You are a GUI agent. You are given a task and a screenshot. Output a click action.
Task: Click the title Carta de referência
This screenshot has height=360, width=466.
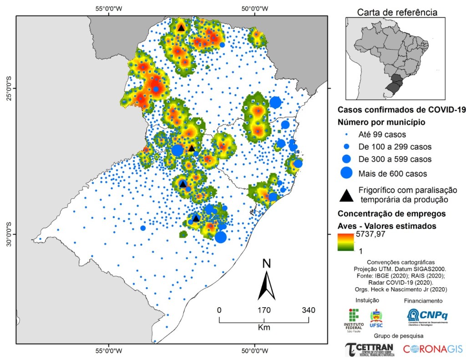pos(397,12)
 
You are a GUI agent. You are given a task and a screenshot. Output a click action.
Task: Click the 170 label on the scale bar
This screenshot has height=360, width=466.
pos(264,310)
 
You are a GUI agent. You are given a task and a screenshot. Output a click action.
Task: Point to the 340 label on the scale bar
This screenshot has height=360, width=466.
pos(309,310)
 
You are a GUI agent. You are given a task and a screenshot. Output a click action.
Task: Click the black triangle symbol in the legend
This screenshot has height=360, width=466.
pos(347,195)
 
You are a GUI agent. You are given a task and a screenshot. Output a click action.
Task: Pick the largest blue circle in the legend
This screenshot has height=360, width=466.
pos(347,173)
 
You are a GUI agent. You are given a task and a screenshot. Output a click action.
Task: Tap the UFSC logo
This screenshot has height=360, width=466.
pos(376,319)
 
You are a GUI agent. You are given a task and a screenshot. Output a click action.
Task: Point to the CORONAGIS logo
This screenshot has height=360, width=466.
pos(432,349)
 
